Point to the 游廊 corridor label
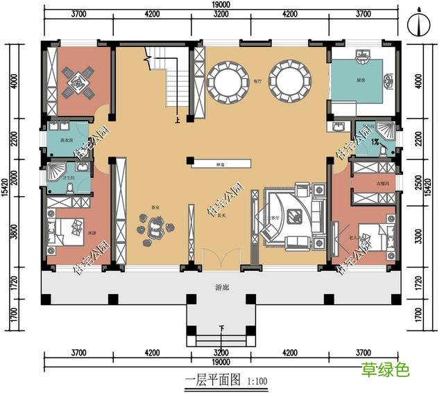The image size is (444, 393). point(220,286)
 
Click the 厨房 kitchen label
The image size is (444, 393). point(361,80)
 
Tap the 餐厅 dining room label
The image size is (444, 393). point(257,80)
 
